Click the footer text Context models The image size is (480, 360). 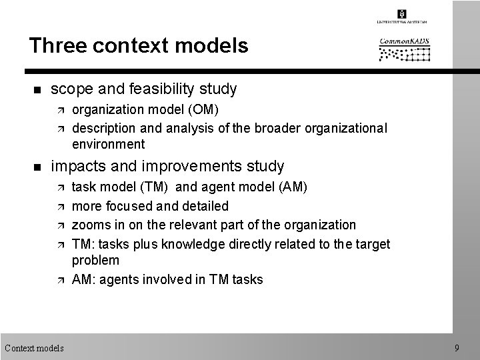(x=34, y=347)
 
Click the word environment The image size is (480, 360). (x=108, y=143)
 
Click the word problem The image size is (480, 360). (x=95, y=260)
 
